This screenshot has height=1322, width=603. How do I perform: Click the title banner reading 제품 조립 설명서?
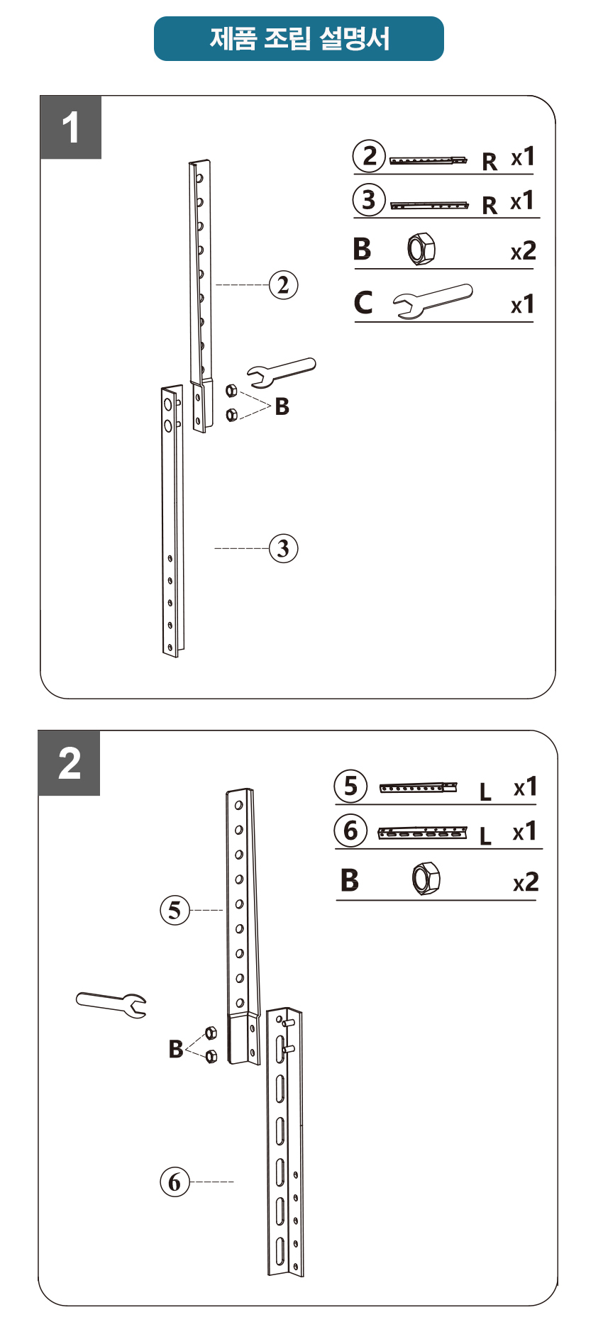pos(299,38)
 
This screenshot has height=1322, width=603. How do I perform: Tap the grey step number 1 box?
pos(71,128)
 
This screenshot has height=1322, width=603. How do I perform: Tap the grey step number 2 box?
pos(70,763)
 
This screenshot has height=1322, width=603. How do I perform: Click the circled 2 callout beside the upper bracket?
pos(284,285)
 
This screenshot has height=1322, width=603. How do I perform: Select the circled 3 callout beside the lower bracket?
pos(284,548)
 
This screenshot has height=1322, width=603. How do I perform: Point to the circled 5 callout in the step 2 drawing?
pos(175,910)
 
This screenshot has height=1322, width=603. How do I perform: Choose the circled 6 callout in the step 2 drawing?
pos(175,1182)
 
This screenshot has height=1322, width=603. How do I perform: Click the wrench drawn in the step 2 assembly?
pos(111,1004)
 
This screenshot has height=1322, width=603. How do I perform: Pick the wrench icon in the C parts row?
pos(433,301)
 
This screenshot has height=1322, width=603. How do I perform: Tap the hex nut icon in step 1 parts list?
pos(421,249)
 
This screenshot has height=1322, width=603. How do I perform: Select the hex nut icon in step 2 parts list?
pos(426,879)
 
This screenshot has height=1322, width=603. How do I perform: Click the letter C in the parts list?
pos(363,302)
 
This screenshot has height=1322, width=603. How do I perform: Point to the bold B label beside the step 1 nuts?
pos(282,406)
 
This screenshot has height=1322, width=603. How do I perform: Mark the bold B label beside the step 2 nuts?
pos(176,1048)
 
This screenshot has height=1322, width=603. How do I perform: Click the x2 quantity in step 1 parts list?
pos(524,251)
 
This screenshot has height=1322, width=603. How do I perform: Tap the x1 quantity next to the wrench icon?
pos(523,304)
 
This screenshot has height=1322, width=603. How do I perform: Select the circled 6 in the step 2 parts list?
pos(351,831)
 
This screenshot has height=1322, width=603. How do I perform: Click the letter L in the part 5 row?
pos(485,791)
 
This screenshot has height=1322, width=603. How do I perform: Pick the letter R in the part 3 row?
pos(489,206)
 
